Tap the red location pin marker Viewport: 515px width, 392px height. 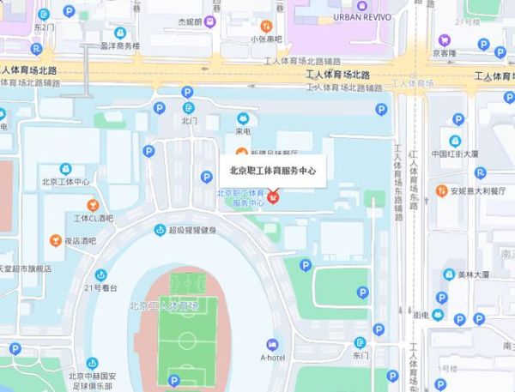click(272, 198)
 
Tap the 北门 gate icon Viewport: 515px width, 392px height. click(189, 108)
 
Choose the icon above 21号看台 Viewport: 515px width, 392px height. click(99, 274)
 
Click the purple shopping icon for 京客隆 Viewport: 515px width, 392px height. click(445, 39)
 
